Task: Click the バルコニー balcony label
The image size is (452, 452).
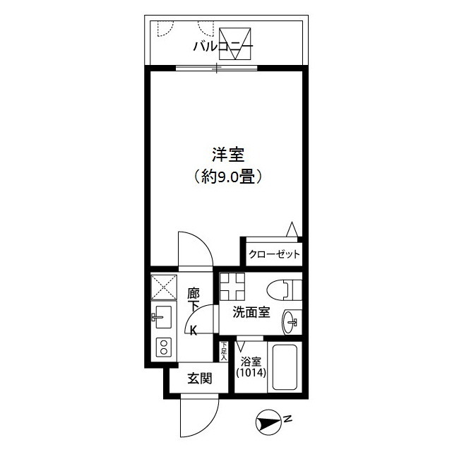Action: [x=223, y=47]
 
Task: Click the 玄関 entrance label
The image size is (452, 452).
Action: [x=200, y=379]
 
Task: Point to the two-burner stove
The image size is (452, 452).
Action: [x=164, y=347]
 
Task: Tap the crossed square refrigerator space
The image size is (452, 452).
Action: [x=164, y=287]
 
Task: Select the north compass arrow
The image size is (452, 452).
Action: [x=268, y=423]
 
